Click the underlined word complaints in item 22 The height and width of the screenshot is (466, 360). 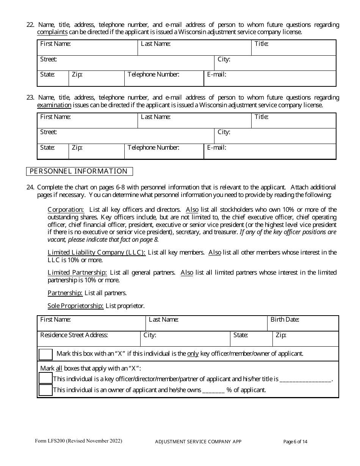click(x=52, y=32)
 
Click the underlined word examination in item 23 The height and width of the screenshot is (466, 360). click(x=54, y=105)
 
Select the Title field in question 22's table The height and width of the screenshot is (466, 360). click(x=294, y=48)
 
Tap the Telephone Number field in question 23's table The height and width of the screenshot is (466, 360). click(x=164, y=151)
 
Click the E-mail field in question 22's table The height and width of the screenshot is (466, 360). click(x=270, y=78)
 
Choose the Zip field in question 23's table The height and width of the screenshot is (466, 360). click(x=97, y=151)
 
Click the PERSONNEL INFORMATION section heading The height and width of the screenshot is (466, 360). click(x=79, y=171)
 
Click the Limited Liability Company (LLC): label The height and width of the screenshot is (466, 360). click(x=97, y=252)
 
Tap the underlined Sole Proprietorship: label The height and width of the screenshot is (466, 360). click(x=75, y=306)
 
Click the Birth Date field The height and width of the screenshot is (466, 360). click(x=303, y=324)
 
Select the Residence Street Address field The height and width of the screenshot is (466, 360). click(x=89, y=339)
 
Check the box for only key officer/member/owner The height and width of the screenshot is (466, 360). click(x=46, y=354)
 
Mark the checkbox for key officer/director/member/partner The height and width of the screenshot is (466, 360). click(x=46, y=378)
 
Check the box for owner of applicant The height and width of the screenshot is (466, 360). click(x=46, y=390)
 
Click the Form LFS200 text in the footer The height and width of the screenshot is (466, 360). click(x=78, y=441)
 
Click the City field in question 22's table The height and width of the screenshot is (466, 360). click(x=275, y=63)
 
